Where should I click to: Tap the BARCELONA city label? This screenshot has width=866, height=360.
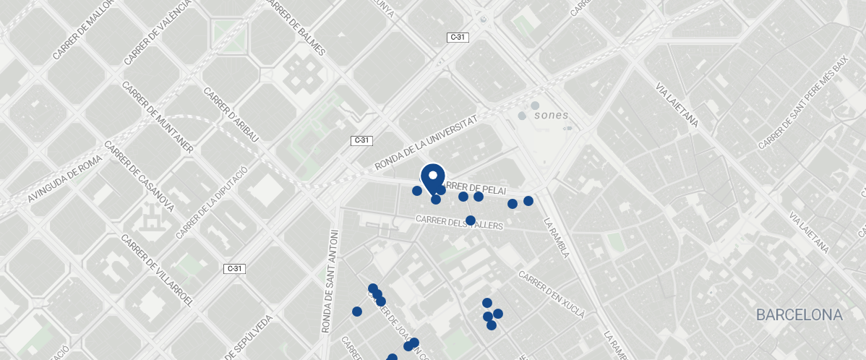point(799,315)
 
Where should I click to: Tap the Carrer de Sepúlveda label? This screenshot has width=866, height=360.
point(250,338)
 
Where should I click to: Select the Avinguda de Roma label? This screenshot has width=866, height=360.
point(65,181)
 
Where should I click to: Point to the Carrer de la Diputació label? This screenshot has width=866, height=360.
point(211,202)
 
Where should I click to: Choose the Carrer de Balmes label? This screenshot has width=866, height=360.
point(297,27)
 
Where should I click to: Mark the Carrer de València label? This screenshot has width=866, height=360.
point(158,31)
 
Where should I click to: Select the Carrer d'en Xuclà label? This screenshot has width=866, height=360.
point(551,295)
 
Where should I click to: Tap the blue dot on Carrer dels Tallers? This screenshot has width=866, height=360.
point(471,220)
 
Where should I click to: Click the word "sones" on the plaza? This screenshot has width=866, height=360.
point(551,115)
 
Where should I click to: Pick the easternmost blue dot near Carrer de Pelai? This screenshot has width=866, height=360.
point(528,201)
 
